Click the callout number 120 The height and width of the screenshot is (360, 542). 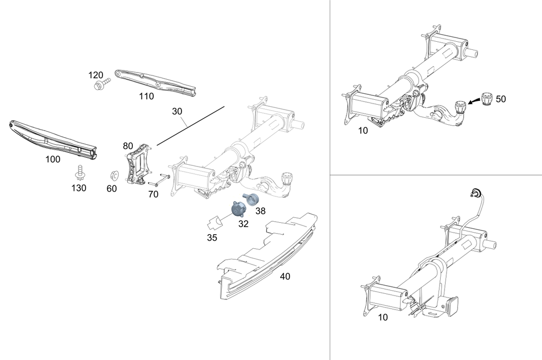[x=96, y=75]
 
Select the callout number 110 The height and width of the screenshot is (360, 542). [x=146, y=97]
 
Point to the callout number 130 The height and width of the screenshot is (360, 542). [x=79, y=188]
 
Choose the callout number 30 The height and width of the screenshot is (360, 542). [x=177, y=111]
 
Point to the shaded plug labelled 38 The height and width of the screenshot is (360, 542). [x=251, y=200]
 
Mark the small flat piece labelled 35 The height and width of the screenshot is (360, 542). [x=214, y=222]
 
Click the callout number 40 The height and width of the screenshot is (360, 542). [x=285, y=276]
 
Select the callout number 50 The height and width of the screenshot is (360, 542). [x=501, y=99]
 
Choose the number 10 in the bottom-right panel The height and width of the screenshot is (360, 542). [x=383, y=318]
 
